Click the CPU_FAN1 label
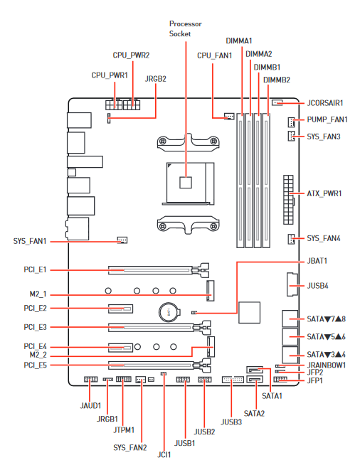point(214,55)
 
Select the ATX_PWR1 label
point(324,193)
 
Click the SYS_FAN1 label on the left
point(30,241)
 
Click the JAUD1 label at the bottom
point(90,406)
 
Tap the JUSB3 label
point(231,422)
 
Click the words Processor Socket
point(185,28)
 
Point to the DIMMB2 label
point(276,80)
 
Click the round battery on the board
point(169,311)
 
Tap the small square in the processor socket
point(186,182)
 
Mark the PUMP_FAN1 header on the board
point(292,120)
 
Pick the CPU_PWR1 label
point(110,75)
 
